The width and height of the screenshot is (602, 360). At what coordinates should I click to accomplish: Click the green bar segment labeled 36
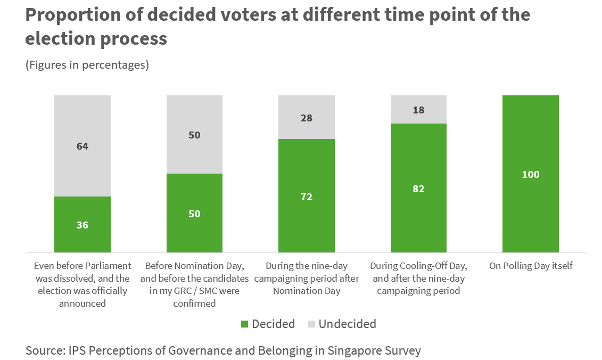tap(83, 224)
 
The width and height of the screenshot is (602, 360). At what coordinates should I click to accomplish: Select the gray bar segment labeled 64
tap(83, 146)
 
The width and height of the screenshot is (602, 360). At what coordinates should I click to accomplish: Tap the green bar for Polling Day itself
tap(530, 174)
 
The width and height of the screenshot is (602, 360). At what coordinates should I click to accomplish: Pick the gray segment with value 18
tap(418, 109)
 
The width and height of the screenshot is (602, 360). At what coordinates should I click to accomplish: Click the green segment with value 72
tap(307, 195)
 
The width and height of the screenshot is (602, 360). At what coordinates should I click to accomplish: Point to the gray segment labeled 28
tap(307, 117)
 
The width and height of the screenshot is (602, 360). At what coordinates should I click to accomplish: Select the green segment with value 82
tap(418, 188)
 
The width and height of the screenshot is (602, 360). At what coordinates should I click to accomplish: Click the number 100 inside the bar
tap(530, 174)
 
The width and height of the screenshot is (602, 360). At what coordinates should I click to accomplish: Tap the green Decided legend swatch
tap(244, 324)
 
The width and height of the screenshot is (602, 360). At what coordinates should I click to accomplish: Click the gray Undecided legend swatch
tap(311, 324)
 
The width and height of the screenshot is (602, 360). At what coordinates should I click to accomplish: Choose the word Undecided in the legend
tap(347, 324)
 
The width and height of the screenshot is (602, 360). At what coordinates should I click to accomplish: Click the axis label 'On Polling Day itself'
tap(531, 265)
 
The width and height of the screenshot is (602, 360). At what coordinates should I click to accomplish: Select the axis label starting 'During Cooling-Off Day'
tap(418, 278)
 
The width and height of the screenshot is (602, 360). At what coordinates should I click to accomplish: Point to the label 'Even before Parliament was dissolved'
tap(83, 284)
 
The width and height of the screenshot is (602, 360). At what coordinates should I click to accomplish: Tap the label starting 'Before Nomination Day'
tap(194, 284)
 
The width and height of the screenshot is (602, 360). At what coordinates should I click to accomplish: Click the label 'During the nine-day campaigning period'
tap(307, 278)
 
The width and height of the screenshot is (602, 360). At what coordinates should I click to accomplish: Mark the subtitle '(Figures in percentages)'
tap(87, 65)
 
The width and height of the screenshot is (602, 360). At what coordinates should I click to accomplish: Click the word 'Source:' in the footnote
tap(44, 350)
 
